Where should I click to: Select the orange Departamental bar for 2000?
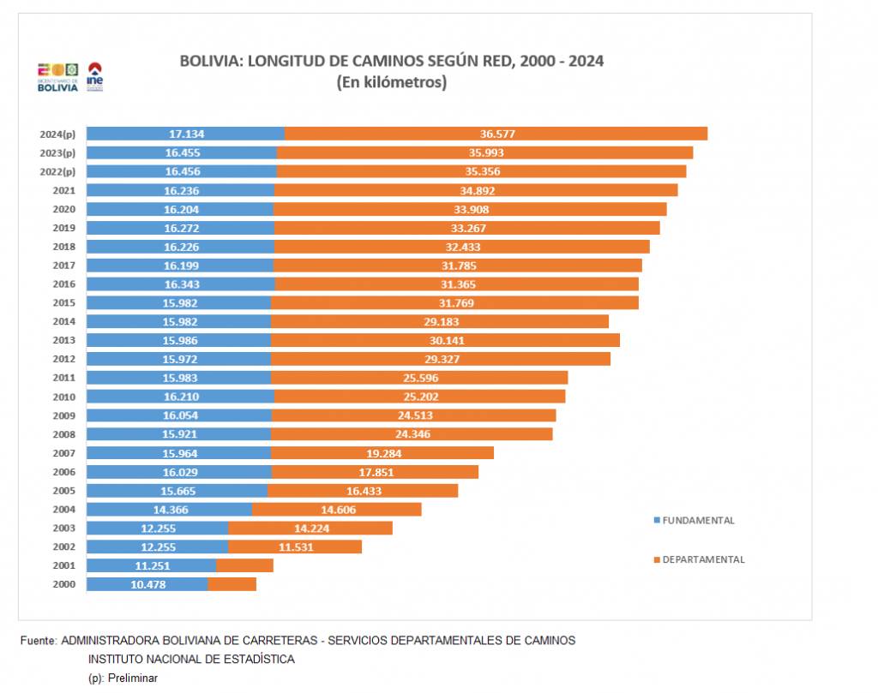point(232,584)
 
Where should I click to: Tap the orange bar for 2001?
point(245,565)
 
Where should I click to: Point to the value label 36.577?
point(498,134)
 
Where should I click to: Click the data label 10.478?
point(148,584)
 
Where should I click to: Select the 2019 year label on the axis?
point(64,228)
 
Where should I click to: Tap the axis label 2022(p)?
point(58,171)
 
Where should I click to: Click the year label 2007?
point(64,453)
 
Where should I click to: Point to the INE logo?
point(95,76)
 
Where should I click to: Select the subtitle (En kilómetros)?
point(392,83)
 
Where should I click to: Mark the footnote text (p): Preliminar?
point(123,678)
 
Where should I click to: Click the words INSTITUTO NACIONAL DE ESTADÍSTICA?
point(191,659)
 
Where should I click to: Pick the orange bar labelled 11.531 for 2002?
point(295,547)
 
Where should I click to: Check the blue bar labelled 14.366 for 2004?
point(169,510)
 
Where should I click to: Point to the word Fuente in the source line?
point(37,640)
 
